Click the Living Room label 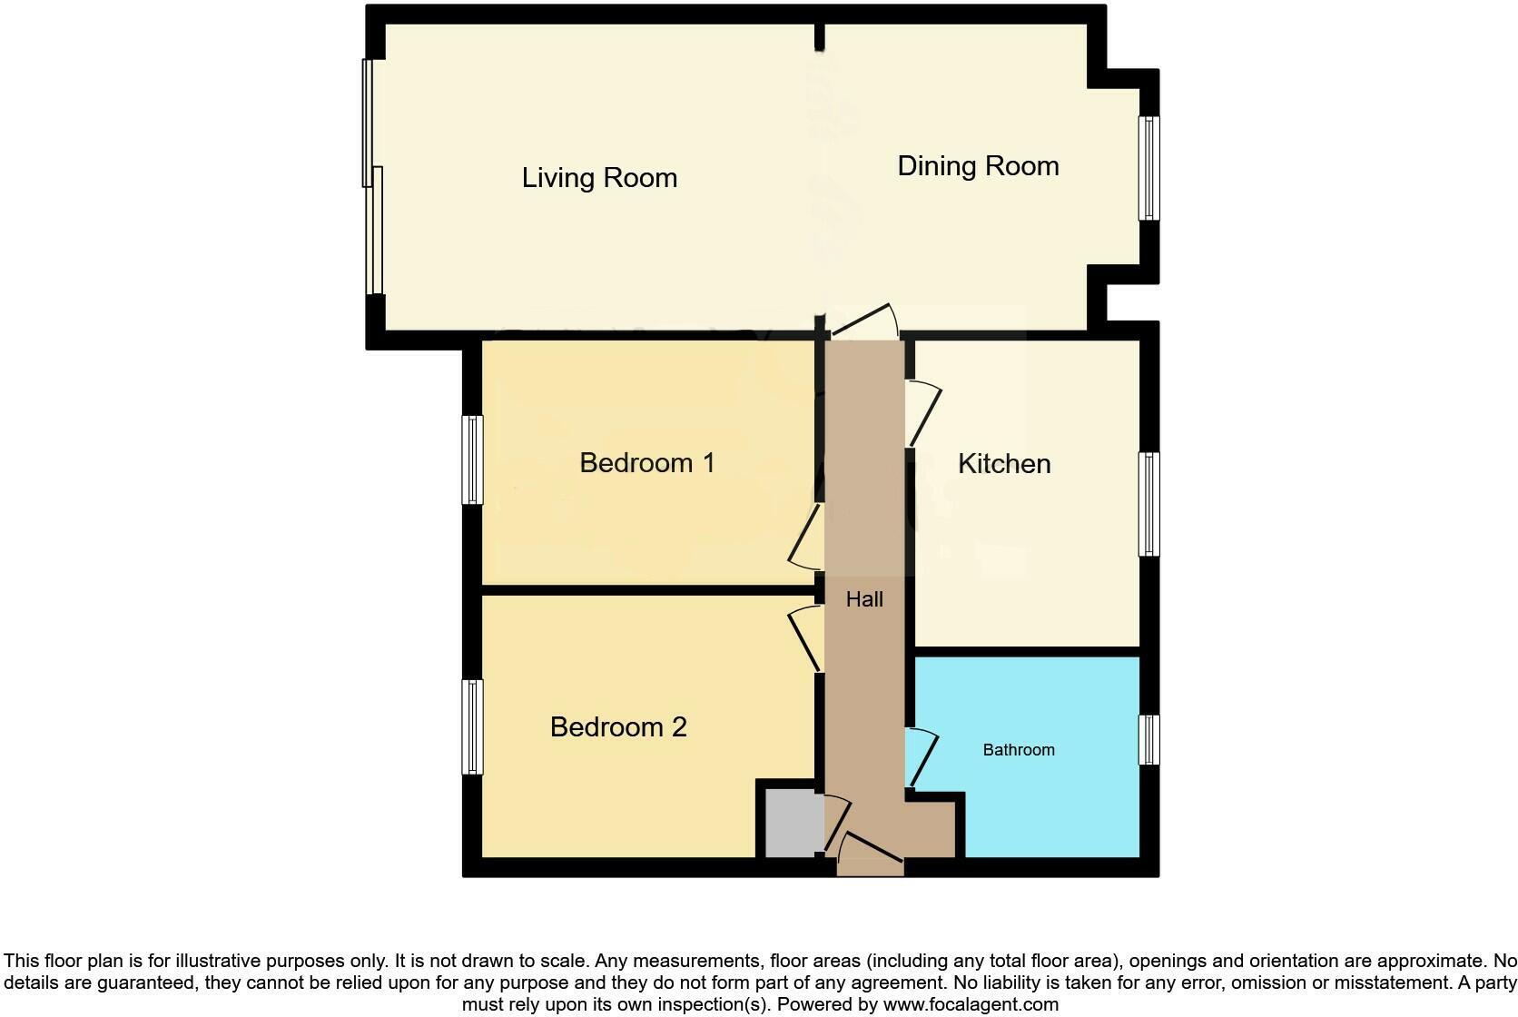coord(599,178)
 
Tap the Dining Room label coord(978,166)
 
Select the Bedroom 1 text coord(646,463)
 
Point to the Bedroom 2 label coord(618,727)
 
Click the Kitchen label coord(1004,464)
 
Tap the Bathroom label coord(1019,750)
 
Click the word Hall coord(864,599)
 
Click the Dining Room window coord(1149,168)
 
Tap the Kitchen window coord(1149,504)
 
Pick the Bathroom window coord(1149,739)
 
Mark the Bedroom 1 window coord(472,459)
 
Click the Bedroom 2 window coord(472,726)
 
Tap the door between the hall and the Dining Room coord(864,322)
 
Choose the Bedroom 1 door coord(804,538)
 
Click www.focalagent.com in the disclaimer coord(971,1004)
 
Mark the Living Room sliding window coord(373,177)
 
